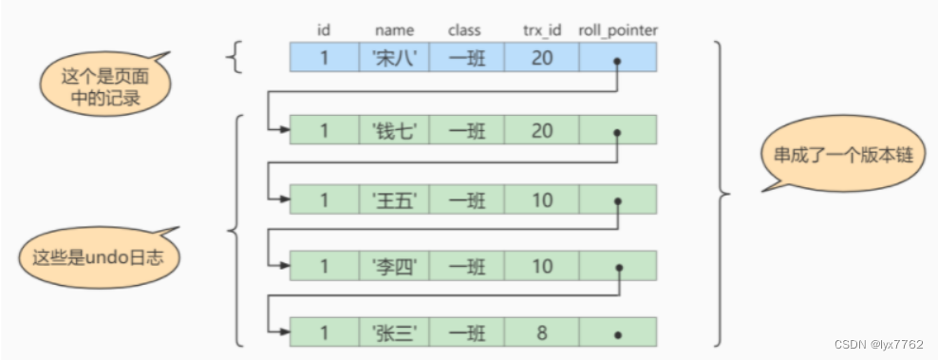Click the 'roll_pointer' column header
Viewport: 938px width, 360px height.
(x=618, y=30)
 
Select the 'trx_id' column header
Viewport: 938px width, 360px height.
(x=541, y=30)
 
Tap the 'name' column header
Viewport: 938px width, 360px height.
(x=393, y=30)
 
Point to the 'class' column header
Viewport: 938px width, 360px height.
(x=465, y=30)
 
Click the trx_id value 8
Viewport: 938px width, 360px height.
(x=541, y=334)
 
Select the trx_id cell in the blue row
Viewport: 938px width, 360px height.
(x=541, y=59)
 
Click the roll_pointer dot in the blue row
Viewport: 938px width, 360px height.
(x=618, y=63)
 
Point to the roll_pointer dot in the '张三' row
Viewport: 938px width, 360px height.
(x=618, y=336)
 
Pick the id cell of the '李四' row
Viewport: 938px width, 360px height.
(x=324, y=267)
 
